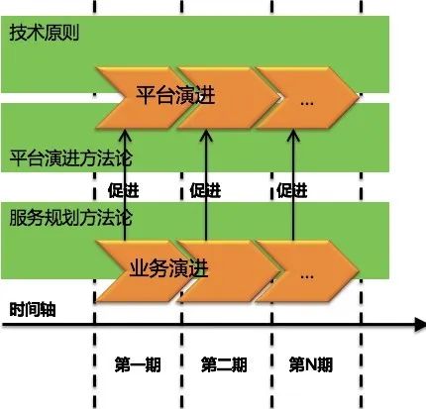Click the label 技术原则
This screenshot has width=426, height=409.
45,33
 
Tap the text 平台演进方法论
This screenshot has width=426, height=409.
70,158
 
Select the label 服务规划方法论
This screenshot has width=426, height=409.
70,218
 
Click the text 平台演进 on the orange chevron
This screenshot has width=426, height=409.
175,95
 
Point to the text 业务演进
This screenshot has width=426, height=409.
168,267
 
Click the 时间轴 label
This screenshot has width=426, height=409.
33,310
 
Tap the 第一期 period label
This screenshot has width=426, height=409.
138,364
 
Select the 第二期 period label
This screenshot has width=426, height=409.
224,364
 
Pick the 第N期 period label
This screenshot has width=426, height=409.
311,364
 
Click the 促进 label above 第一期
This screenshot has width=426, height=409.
124,190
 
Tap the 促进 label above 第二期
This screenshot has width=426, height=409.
205,190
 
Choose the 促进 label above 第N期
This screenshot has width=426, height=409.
292,190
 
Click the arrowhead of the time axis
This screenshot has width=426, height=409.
420,325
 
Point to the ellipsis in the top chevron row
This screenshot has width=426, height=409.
307,103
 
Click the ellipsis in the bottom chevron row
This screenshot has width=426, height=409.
307,276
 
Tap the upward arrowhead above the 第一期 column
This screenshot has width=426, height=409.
125,136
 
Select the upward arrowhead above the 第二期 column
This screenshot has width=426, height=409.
206,136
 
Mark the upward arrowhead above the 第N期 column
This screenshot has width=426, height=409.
293,136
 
